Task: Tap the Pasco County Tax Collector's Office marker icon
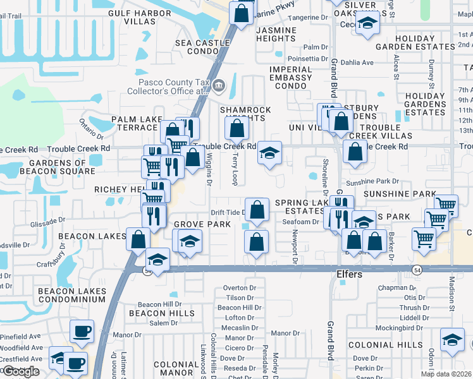pyautogui.click(x=218, y=85)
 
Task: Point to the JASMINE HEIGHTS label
pyautogui.click(x=276, y=34)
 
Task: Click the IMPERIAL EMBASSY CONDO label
pyautogui.click(x=290, y=78)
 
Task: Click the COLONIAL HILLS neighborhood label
pyautogui.click(x=385, y=345)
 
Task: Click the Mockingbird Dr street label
pyautogui.click(x=398, y=328)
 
